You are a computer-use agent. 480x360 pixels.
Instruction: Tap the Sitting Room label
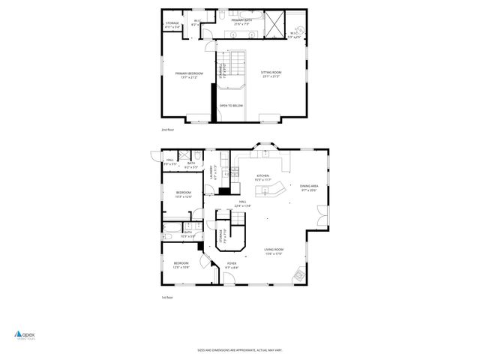click(271, 74)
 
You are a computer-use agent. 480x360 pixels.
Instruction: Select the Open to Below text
click(231, 106)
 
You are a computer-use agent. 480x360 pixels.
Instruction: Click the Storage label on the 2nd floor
click(172, 25)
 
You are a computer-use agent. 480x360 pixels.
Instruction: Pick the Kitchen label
click(262, 178)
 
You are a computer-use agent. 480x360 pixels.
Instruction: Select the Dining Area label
click(309, 188)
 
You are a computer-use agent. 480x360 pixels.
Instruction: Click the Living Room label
click(273, 251)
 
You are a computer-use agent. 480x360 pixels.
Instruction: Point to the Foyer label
click(232, 265)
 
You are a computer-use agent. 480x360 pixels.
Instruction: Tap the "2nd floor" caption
click(167, 130)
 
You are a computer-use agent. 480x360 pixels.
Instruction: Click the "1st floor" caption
click(167, 298)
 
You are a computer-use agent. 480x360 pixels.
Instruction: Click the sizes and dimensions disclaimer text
click(240, 349)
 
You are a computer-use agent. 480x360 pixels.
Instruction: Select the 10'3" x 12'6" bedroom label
click(184, 194)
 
